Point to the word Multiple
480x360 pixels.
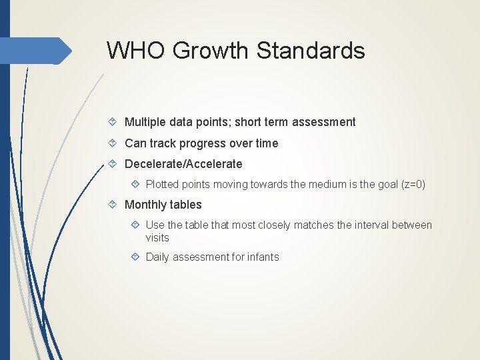[145, 122]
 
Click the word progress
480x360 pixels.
[204, 143]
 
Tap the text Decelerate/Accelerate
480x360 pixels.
[183, 164]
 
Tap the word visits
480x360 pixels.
[157, 238]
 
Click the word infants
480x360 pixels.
[262, 257]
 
